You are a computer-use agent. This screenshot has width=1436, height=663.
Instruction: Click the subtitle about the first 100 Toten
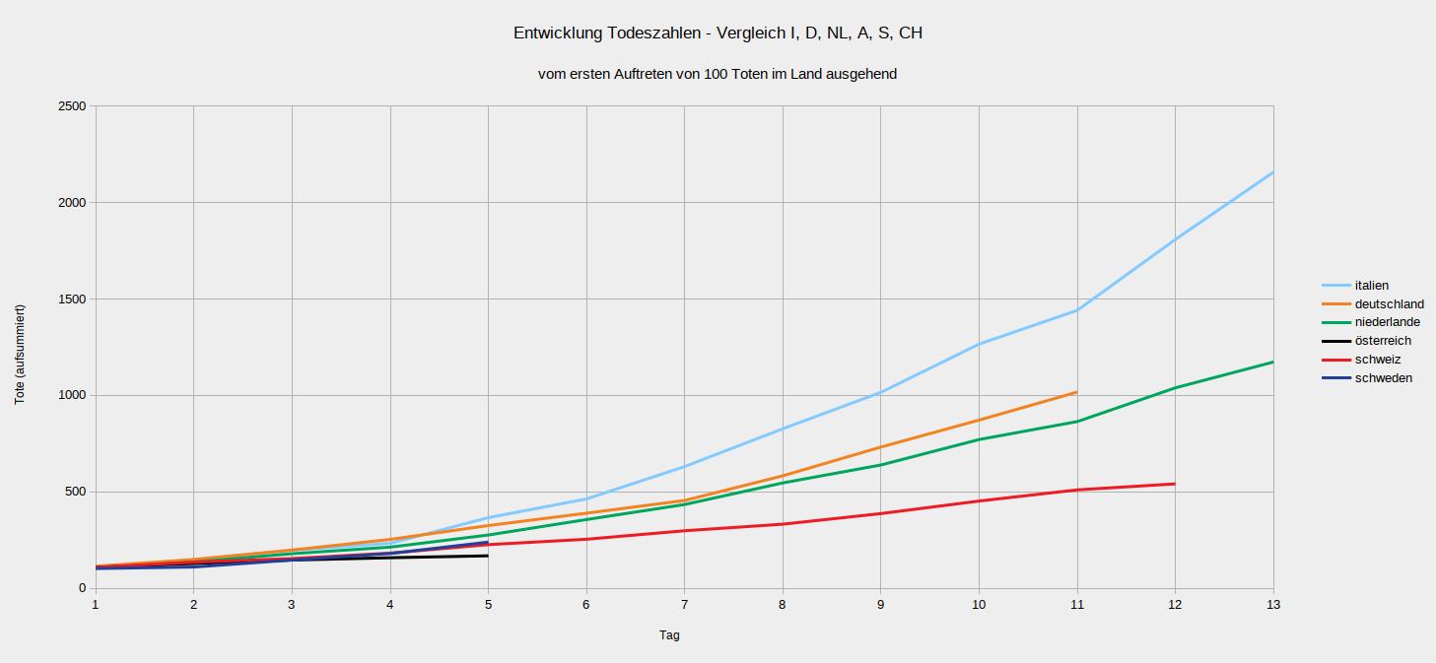point(718,74)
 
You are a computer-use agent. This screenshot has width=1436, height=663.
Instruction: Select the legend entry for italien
point(1371,286)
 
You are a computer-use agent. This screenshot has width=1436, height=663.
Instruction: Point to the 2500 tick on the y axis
point(72,106)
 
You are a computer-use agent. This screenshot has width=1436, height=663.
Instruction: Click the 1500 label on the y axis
point(72,298)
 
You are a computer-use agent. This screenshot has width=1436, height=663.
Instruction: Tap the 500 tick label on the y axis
point(76,492)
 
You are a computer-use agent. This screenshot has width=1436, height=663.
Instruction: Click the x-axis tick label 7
point(684,605)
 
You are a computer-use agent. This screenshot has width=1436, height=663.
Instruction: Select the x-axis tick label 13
point(1272,605)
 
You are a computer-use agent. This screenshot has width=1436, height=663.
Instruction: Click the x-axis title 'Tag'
point(669,635)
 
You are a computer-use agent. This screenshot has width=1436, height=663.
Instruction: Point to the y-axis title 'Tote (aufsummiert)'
point(21,355)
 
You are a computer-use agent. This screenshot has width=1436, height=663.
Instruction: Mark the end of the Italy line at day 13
point(1273,172)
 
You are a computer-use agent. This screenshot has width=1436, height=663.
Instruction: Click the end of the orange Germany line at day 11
point(1076,392)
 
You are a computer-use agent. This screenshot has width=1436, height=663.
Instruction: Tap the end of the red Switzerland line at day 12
point(1175,484)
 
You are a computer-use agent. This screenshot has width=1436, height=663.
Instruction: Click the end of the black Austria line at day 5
point(488,556)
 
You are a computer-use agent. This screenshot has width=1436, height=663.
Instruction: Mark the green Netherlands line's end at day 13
point(1273,362)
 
